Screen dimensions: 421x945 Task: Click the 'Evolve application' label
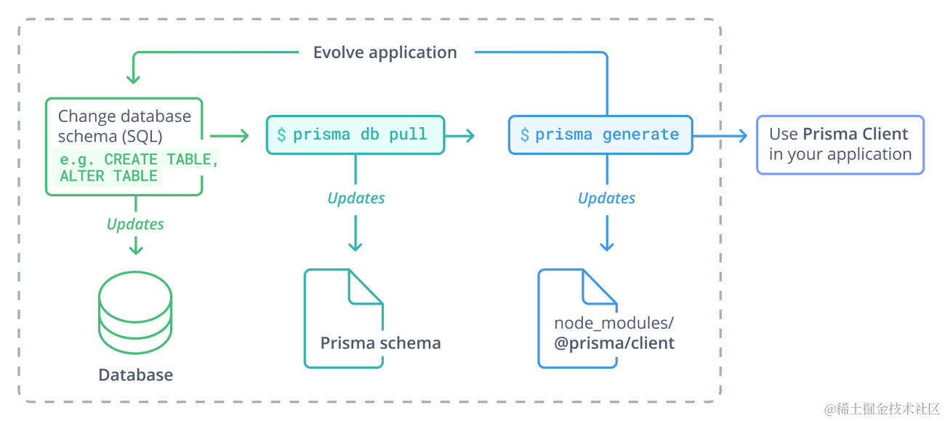tap(385, 52)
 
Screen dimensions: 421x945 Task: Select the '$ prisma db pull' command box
tap(354, 135)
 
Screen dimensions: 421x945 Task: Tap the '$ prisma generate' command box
tap(600, 135)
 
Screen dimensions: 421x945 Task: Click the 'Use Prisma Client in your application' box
tap(840, 144)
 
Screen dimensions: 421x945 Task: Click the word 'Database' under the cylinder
tap(136, 375)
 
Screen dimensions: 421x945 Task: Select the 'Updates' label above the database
tap(135, 224)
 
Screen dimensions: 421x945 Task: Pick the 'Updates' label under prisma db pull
tap(355, 198)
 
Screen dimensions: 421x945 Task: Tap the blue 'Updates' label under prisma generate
tap(606, 198)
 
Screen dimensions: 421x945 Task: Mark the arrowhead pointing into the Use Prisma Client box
tap(741, 135)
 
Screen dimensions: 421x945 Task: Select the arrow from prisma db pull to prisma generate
tap(461, 135)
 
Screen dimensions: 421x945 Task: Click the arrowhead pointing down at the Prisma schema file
tap(355, 246)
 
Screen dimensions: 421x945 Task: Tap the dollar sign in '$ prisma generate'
tap(525, 135)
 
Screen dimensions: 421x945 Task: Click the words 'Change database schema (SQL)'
tap(124, 126)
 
